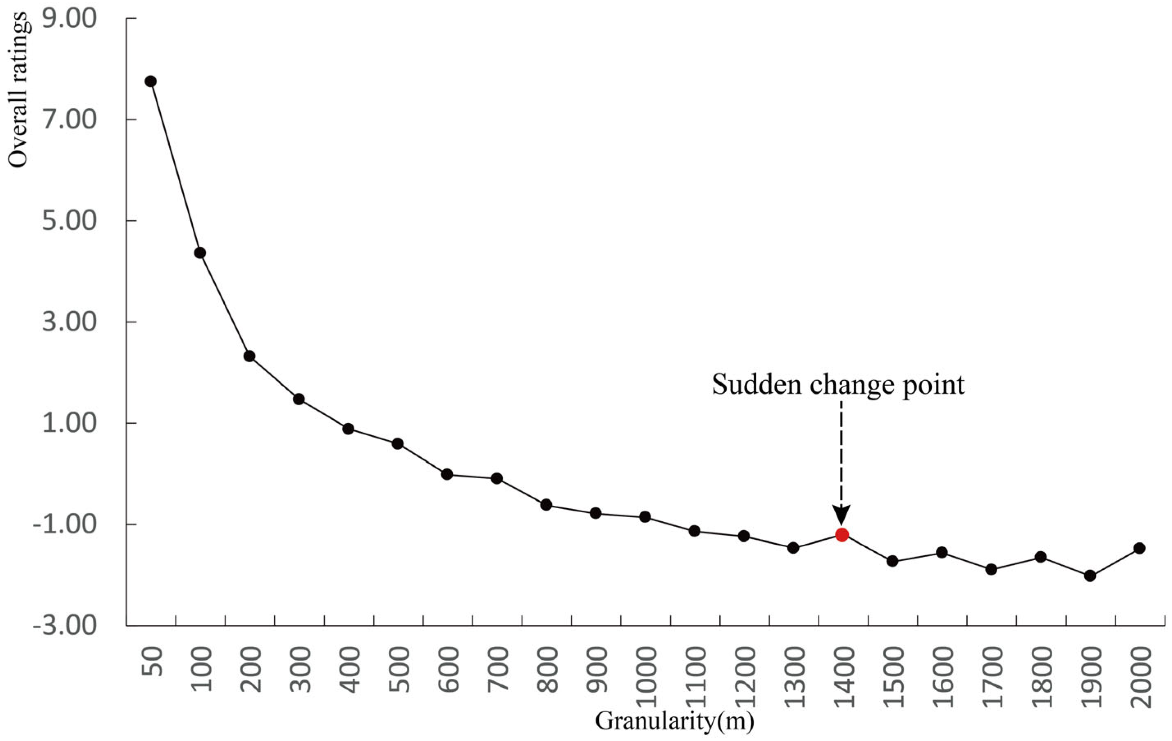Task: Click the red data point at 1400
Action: (x=842, y=535)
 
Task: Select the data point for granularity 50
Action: (x=150, y=81)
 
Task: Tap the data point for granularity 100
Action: (x=200, y=253)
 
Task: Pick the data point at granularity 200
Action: (x=249, y=356)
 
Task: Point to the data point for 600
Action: (x=447, y=474)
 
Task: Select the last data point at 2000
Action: (x=1139, y=548)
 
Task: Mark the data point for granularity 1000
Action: (x=645, y=517)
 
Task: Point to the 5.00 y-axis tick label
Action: (x=70, y=221)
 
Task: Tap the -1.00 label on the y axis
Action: (x=65, y=525)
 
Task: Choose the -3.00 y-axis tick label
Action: (x=65, y=626)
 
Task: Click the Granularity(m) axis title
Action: (x=674, y=721)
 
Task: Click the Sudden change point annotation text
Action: (x=838, y=384)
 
